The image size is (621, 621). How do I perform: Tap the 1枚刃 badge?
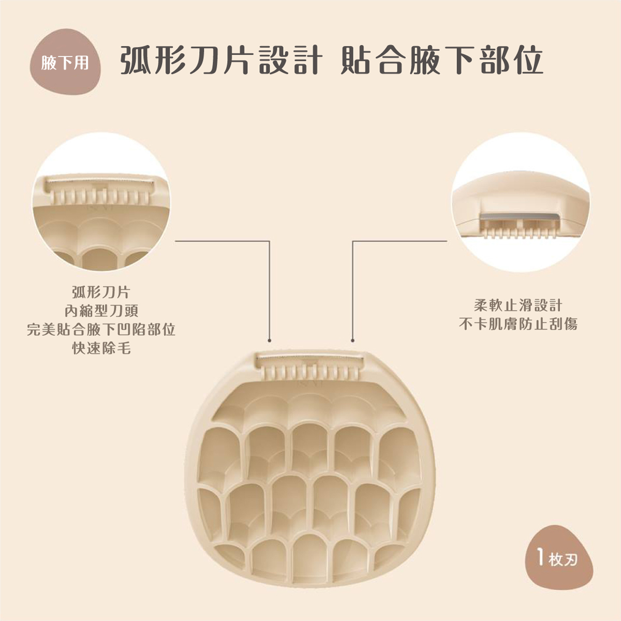click(556, 559)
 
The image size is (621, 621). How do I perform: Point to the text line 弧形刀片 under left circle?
click(101, 292)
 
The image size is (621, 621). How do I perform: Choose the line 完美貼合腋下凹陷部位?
click(101, 330)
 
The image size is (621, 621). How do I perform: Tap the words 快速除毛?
click(101, 348)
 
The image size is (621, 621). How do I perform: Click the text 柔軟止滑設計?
click(518, 305)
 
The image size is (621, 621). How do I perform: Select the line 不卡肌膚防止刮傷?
click(518, 324)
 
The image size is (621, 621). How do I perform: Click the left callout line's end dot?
click(270, 341)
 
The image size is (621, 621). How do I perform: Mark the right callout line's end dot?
click(352, 341)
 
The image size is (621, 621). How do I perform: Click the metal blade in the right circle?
click(520, 219)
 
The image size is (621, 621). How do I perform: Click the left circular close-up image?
click(101, 202)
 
